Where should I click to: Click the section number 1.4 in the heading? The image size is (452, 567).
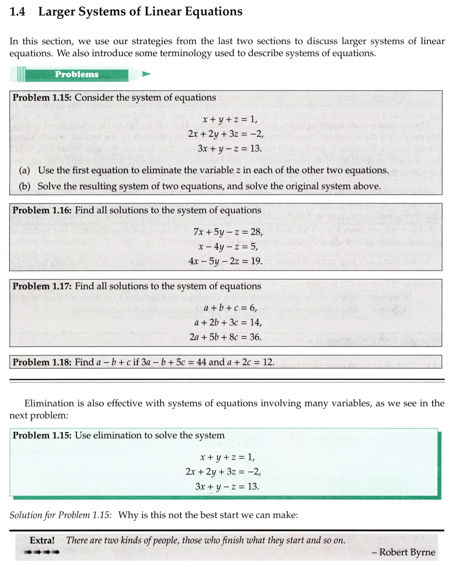(17, 12)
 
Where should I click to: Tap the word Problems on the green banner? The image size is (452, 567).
(77, 74)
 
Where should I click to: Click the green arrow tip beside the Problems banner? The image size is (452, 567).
(146, 74)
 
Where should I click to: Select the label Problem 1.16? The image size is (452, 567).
(42, 211)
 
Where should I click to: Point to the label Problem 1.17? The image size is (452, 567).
(42, 286)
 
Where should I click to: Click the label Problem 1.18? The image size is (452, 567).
(42, 362)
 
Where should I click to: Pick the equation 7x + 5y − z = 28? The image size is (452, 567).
(228, 232)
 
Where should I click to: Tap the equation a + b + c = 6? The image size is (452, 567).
(231, 308)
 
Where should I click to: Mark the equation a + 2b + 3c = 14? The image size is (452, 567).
(228, 323)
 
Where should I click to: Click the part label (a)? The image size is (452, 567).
(25, 170)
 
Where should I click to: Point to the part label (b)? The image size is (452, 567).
(25, 186)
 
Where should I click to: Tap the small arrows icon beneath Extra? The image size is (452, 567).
(41, 552)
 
